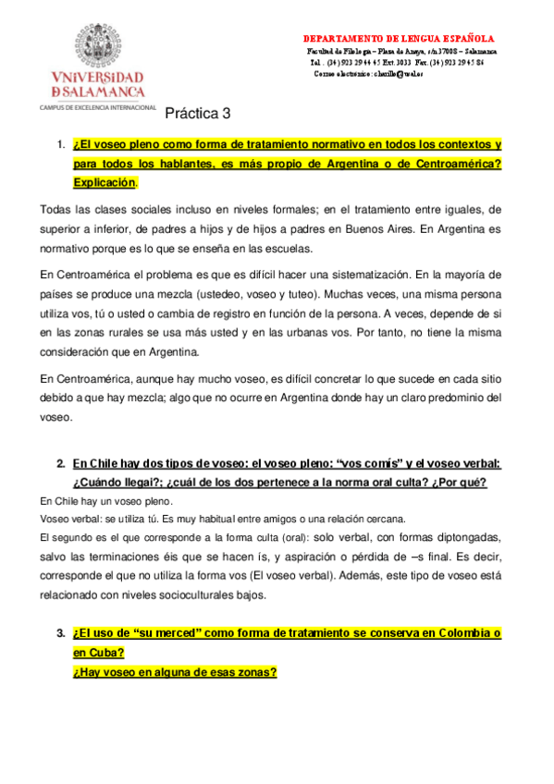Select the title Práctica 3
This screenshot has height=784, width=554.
point(198,115)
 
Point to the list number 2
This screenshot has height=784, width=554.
point(61,463)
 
